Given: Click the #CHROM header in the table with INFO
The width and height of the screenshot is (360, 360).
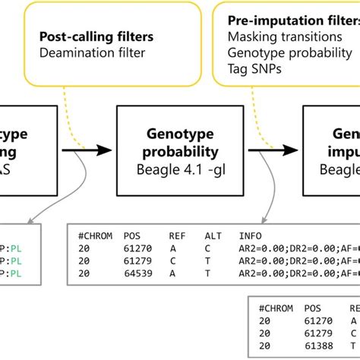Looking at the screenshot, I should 96,235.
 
